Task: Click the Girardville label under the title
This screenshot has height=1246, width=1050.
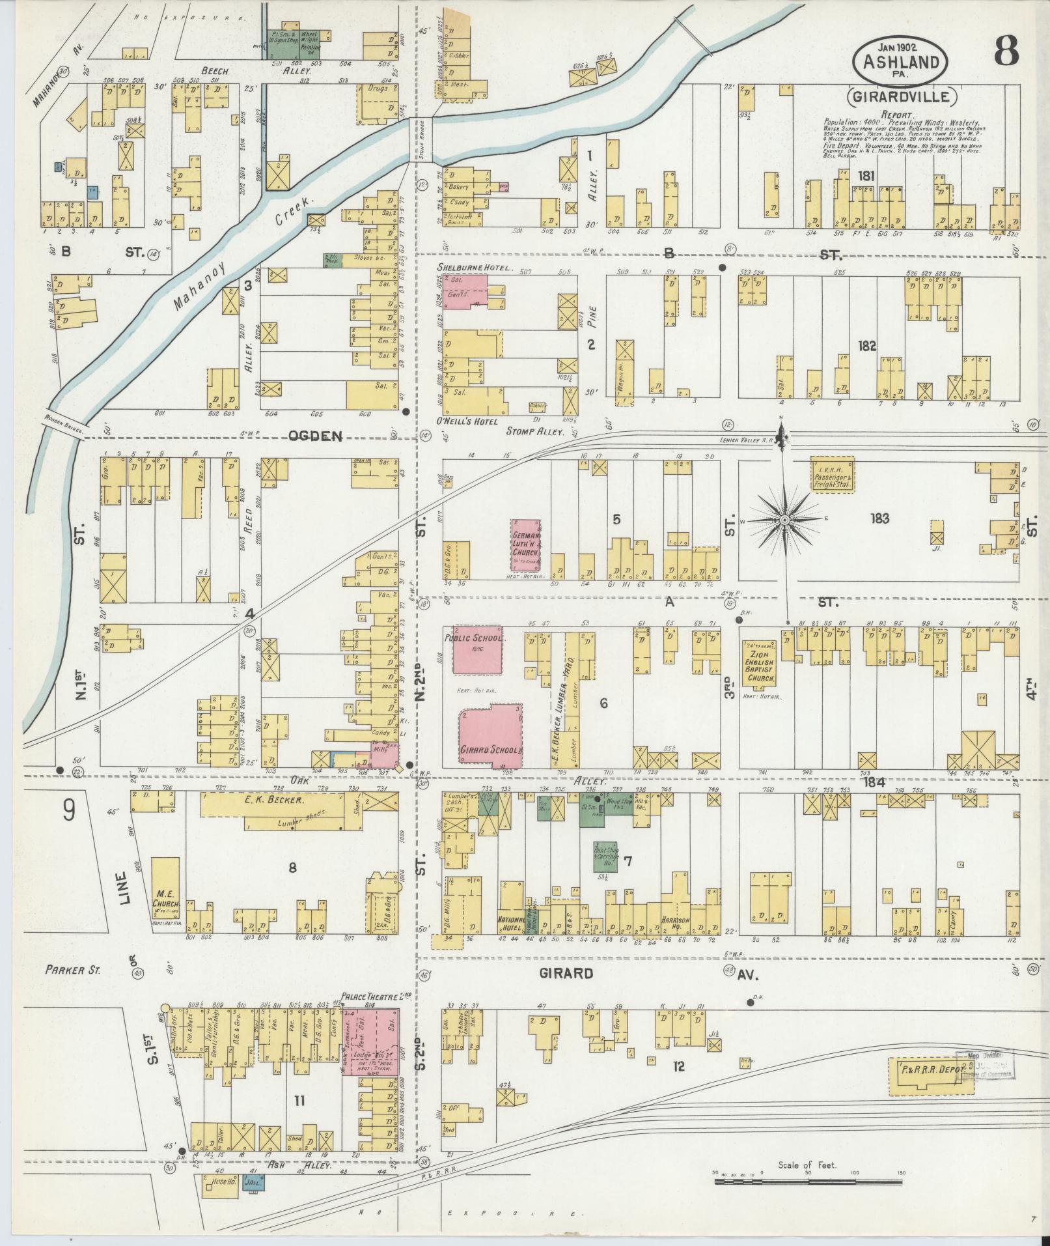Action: click(902, 98)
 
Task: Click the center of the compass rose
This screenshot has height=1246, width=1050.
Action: click(785, 520)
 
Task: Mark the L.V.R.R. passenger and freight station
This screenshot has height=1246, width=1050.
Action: click(833, 474)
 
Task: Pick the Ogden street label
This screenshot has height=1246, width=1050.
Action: click(315, 436)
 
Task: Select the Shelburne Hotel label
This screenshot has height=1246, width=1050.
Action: click(475, 268)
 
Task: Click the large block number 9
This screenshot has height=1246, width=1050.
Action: click(69, 812)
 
